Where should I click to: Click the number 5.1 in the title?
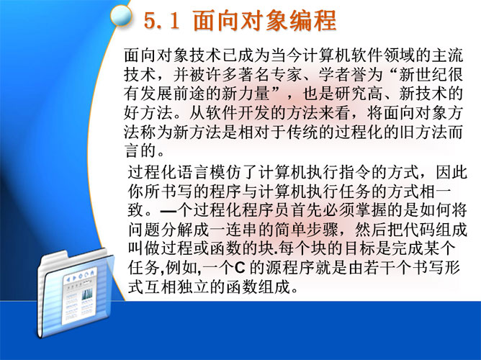pyautogui.click(x=162, y=21)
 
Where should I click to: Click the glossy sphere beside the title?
pyautogui.click(x=120, y=15)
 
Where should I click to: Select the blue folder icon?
pyautogui.click(x=75, y=294)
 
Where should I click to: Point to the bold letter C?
pyautogui.click(x=240, y=268)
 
